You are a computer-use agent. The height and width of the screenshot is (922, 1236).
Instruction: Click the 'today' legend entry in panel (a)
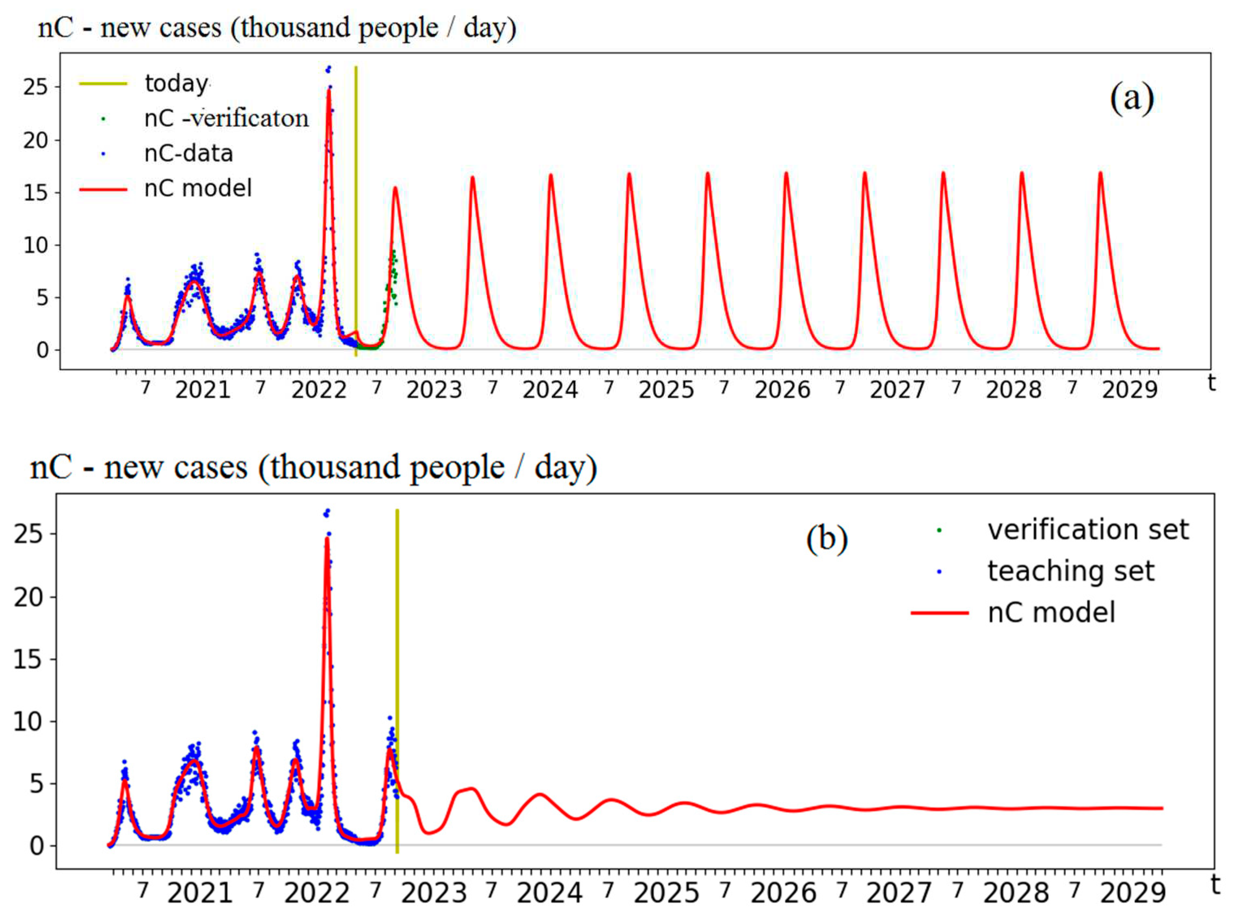pos(176,83)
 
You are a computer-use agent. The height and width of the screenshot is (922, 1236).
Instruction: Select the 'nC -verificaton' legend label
pos(226,118)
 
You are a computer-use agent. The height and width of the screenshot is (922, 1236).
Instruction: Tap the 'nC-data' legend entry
pos(188,153)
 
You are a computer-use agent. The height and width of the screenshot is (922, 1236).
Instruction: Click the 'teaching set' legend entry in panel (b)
pos(1070,571)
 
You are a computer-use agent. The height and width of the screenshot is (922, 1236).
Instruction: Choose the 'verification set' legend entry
pos(1088,529)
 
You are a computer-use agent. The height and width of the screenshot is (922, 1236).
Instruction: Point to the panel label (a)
pos(1131,99)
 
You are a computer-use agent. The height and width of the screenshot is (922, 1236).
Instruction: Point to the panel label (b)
pos(827,539)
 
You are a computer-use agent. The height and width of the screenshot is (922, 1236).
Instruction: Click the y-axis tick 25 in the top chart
pos(35,87)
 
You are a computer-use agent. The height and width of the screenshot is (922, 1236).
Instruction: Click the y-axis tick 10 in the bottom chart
pos(28,722)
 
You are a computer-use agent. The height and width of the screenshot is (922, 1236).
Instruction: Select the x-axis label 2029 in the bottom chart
pos(1133,893)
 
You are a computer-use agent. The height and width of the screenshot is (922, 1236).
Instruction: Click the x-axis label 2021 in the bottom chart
pos(200,893)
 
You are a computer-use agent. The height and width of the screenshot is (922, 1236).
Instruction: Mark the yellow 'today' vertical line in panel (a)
pos(356,212)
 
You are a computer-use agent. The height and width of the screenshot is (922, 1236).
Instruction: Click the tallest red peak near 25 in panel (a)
pos(328,92)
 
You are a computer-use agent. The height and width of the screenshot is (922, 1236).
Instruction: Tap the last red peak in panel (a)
pos(1100,174)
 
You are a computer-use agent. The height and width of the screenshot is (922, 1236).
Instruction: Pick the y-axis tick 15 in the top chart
pos(35,193)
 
